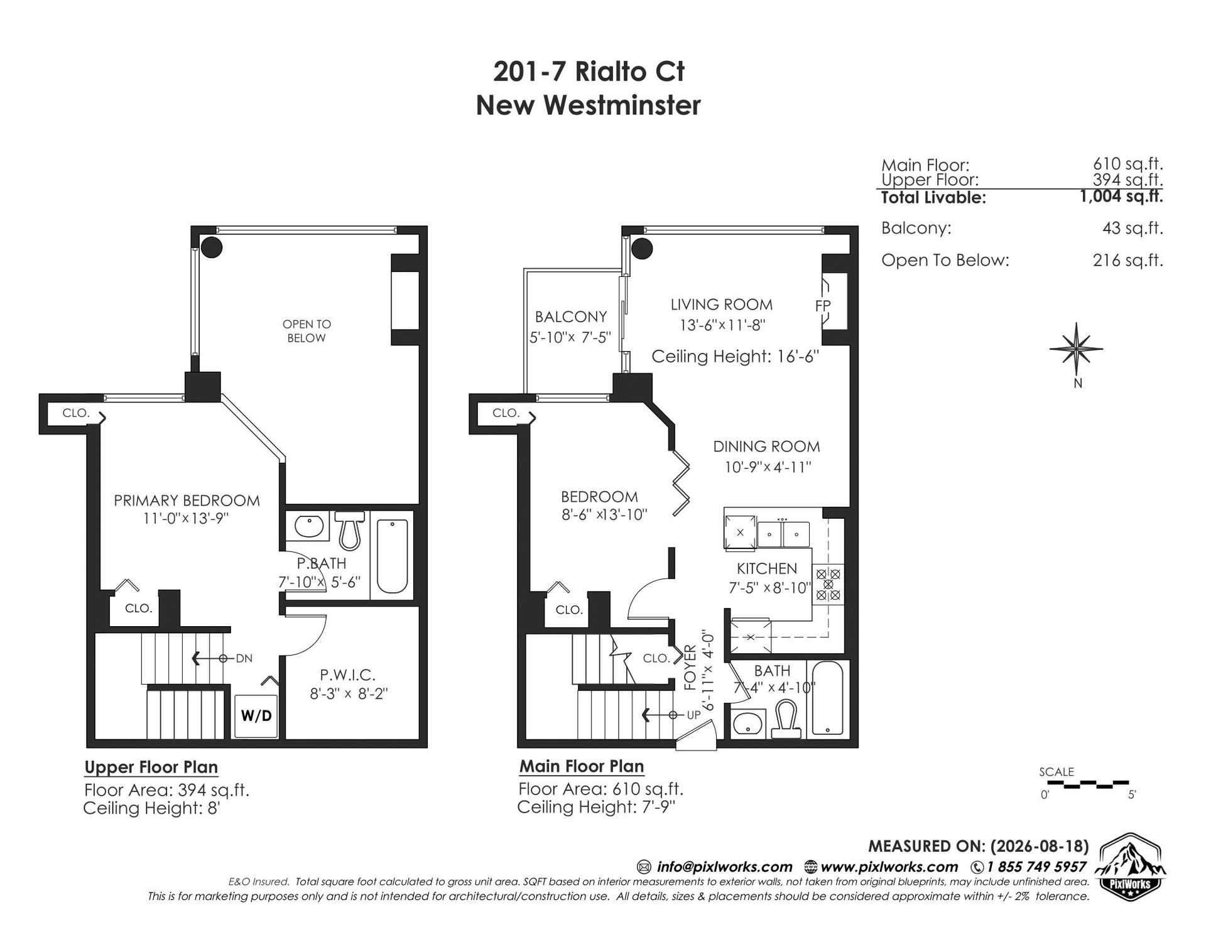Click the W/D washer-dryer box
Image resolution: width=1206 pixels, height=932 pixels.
pyautogui.click(x=256, y=716)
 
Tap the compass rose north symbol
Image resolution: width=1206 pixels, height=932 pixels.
pyautogui.click(x=1077, y=352)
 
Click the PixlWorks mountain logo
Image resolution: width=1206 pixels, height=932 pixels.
pyautogui.click(x=1131, y=868)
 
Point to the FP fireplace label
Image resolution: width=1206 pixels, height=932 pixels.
pyautogui.click(x=822, y=306)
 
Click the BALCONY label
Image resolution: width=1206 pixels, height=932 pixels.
pyautogui.click(x=570, y=317)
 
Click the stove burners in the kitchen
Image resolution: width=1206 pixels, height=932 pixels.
pyautogui.click(x=828, y=584)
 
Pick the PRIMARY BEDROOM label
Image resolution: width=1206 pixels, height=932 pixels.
pyautogui.click(x=187, y=501)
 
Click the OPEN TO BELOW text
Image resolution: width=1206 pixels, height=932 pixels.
pyautogui.click(x=307, y=331)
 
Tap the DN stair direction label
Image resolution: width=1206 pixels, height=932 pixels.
pyautogui.click(x=244, y=658)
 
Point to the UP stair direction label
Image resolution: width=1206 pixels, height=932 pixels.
pyautogui.click(x=693, y=715)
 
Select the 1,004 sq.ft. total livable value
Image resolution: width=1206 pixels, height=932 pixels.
pyautogui.click(x=1121, y=197)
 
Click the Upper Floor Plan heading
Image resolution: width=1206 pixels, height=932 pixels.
pyautogui.click(x=151, y=767)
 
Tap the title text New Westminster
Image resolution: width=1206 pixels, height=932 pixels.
pyautogui.click(x=588, y=105)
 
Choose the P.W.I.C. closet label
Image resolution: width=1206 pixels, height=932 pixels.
pyautogui.click(x=347, y=675)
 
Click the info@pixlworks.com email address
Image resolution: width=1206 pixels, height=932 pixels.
pyautogui.click(x=724, y=867)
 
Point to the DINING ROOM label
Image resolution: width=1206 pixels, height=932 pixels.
pyautogui.click(x=766, y=447)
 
